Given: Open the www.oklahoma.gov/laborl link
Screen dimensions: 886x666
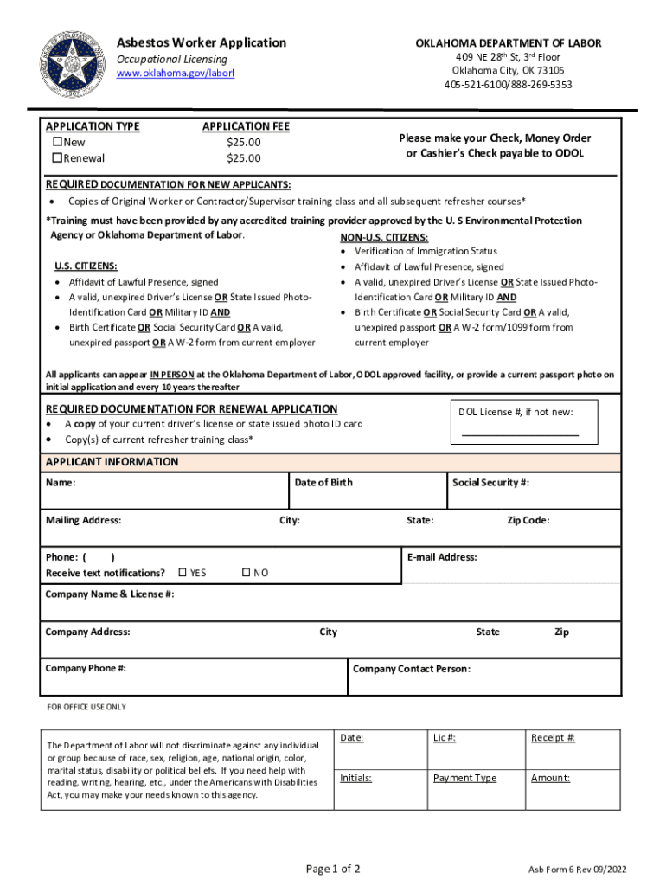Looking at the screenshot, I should click(176, 74).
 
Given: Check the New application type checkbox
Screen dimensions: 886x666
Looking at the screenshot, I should click(59, 143).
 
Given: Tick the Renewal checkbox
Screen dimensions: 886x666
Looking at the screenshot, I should click(59, 158).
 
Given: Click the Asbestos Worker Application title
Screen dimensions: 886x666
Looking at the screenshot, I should click(202, 42).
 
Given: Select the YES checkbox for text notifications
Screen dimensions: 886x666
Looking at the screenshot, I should click(183, 573).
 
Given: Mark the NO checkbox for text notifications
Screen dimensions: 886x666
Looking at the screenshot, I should click(246, 573).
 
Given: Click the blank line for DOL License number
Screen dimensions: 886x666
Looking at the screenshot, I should click(519, 433).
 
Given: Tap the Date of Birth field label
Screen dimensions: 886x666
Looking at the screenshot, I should click(323, 483).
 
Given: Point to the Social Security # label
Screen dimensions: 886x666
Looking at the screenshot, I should click(490, 483).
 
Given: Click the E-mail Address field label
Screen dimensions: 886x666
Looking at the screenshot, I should click(441, 557).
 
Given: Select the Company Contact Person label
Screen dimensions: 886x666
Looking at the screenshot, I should click(412, 669).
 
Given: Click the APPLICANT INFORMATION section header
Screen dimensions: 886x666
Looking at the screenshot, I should click(112, 462).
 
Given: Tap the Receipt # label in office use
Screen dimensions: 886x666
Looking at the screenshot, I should click(553, 738).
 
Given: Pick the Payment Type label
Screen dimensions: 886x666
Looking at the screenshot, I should click(464, 778).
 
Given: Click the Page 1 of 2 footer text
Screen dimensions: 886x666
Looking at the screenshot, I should click(333, 868).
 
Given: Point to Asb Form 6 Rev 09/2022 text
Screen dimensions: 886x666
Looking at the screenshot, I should click(578, 870).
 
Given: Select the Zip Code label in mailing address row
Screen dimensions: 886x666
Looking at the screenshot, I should click(528, 521).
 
